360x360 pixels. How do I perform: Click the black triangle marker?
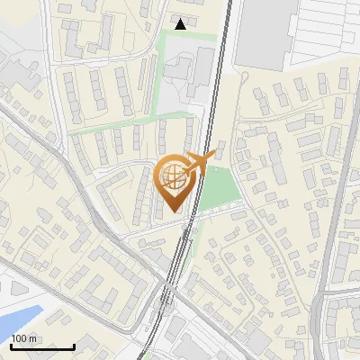tap(182, 24)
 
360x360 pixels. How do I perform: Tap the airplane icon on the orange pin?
tap(198, 164)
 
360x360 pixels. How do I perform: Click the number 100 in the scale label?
tap(19, 338)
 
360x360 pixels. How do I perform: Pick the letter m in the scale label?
tap(33, 338)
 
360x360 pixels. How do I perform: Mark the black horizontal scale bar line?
tap(42, 346)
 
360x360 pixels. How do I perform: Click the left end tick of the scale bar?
tap(11, 345)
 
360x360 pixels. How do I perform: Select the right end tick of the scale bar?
tap(74, 345)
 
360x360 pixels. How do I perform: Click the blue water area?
tap(18, 319)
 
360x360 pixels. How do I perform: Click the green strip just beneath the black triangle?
tap(189, 36)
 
